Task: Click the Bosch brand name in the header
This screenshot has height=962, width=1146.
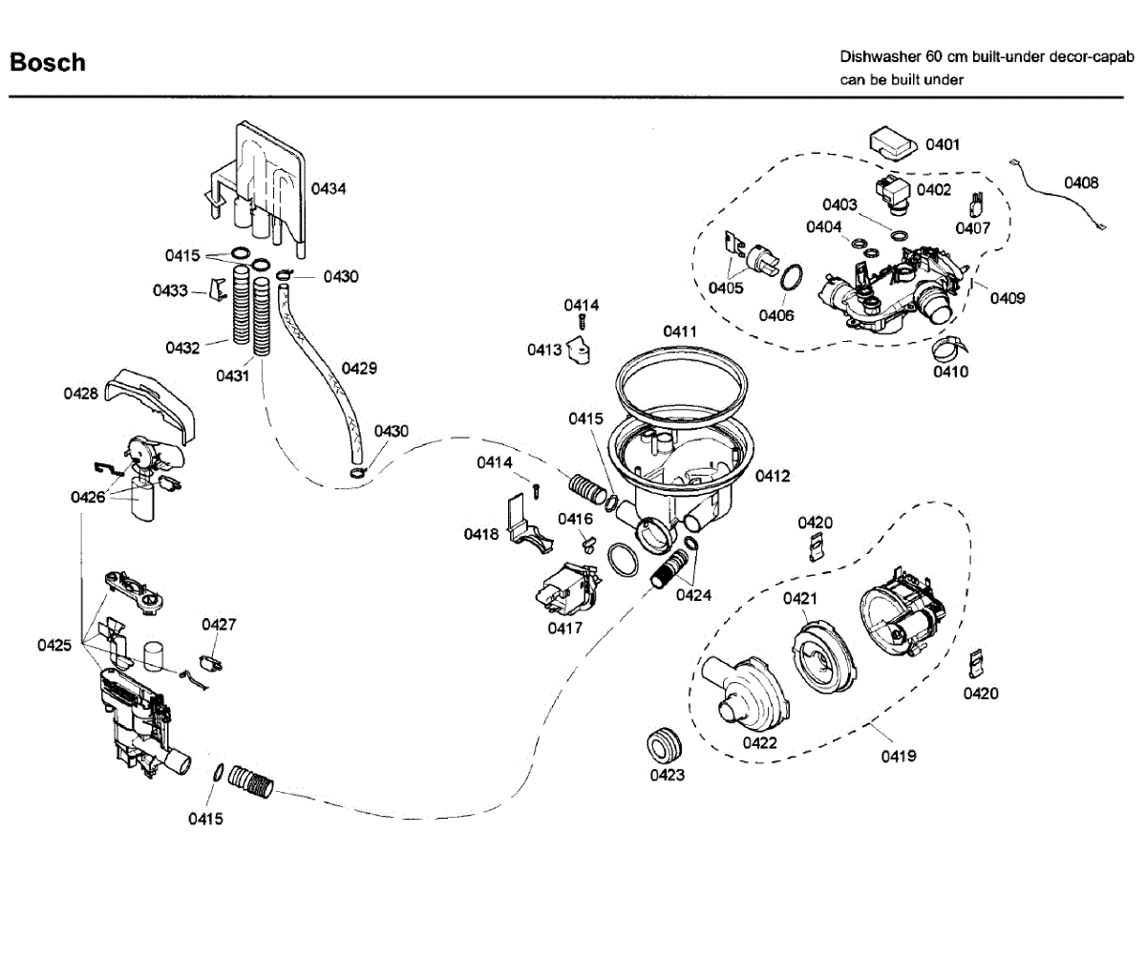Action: click(x=48, y=63)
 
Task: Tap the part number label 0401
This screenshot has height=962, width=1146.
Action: click(x=943, y=144)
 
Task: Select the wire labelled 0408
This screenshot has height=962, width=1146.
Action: click(x=1057, y=194)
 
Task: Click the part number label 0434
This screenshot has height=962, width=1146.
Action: click(x=329, y=189)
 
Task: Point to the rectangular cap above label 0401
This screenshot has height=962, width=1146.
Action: click(x=893, y=144)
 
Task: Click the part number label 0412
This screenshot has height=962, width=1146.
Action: click(x=773, y=476)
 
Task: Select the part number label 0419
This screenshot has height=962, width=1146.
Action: click(x=899, y=757)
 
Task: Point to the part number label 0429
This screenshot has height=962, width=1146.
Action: click(x=359, y=369)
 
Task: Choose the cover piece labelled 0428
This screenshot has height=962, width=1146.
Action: click(x=150, y=404)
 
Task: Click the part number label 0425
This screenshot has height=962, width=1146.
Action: click(x=54, y=645)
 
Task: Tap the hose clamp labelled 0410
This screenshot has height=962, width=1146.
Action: click(x=950, y=347)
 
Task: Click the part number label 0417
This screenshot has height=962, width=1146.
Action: click(x=564, y=629)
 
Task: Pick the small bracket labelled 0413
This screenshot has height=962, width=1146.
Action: click(x=579, y=351)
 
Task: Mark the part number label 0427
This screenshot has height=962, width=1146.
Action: click(x=219, y=625)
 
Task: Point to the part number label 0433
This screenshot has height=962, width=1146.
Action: click(x=170, y=290)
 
